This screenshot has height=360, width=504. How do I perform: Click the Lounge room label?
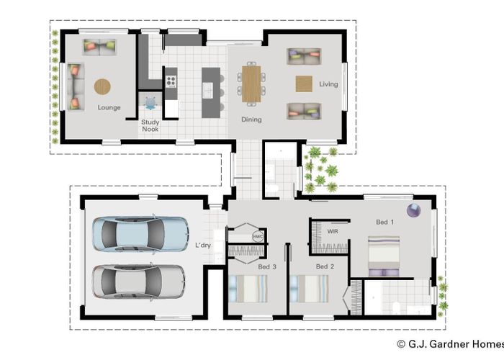109,108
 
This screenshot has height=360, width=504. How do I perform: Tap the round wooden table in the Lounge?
102,86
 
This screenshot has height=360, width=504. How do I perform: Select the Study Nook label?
150,126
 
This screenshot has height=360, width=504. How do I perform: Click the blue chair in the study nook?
150,103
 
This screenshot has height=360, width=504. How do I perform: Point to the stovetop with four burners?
171,81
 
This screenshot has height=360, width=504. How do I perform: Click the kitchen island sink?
207,90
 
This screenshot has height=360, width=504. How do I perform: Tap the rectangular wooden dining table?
251,84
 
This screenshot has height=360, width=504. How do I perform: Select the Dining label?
251,120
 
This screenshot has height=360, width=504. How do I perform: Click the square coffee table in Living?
304,84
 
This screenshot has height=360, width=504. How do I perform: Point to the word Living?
328,84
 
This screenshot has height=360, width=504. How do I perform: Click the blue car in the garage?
140,234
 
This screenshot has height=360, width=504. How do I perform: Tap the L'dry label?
203,246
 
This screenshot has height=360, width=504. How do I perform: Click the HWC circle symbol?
258,237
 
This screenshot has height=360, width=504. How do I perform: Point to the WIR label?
333,231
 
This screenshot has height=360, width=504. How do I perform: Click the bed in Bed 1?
384,256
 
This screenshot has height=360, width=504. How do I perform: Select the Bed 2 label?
325,266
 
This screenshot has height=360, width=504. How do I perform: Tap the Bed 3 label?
267,267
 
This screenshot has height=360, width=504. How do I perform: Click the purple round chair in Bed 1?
414,210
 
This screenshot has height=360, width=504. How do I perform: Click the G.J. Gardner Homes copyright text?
451,344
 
